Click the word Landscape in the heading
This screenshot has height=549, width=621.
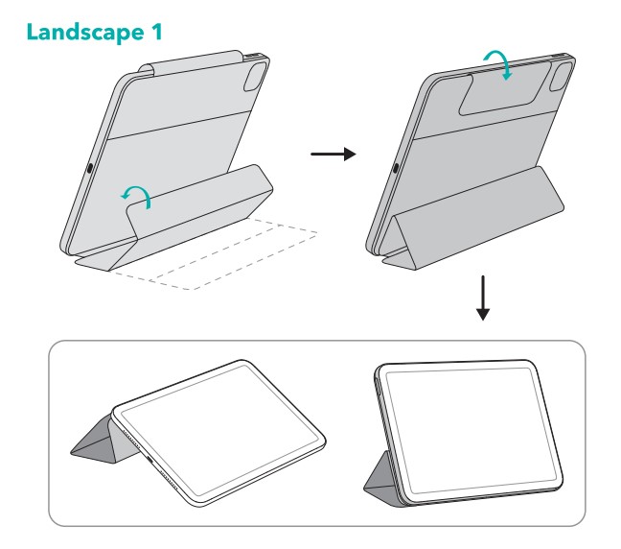click(85, 32)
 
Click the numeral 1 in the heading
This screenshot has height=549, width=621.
click(157, 31)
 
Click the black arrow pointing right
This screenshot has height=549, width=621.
click(333, 154)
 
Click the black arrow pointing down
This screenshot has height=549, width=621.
click(483, 298)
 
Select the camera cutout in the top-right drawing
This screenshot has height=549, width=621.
click(562, 76)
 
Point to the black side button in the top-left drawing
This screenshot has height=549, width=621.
click(89, 168)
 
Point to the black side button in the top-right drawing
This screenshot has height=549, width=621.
click(396, 168)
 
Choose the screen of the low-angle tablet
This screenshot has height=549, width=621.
click(219, 430)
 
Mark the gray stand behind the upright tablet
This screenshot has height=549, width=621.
click(382, 480)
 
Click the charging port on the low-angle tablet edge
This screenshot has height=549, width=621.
click(150, 460)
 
